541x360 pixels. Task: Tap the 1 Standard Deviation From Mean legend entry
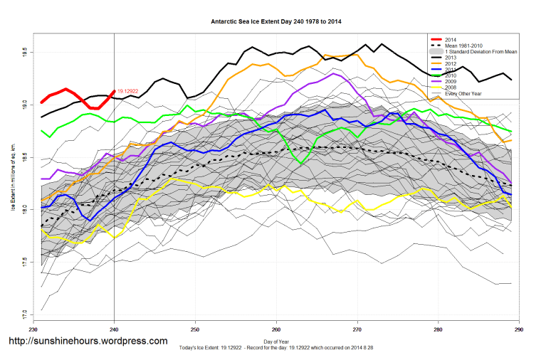[x=481, y=52]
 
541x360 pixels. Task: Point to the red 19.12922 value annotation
[x=128, y=91]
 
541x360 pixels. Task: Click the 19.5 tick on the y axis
[x=24, y=53]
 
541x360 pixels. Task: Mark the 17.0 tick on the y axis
[x=24, y=314]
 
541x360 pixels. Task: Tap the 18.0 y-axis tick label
[x=24, y=209]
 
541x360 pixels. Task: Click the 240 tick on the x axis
[x=114, y=329]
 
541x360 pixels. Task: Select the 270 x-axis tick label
[x=357, y=329]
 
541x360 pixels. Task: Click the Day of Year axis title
[x=276, y=342]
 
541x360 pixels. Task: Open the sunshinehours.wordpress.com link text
[x=88, y=342]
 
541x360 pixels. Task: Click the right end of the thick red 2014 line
[x=115, y=91]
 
